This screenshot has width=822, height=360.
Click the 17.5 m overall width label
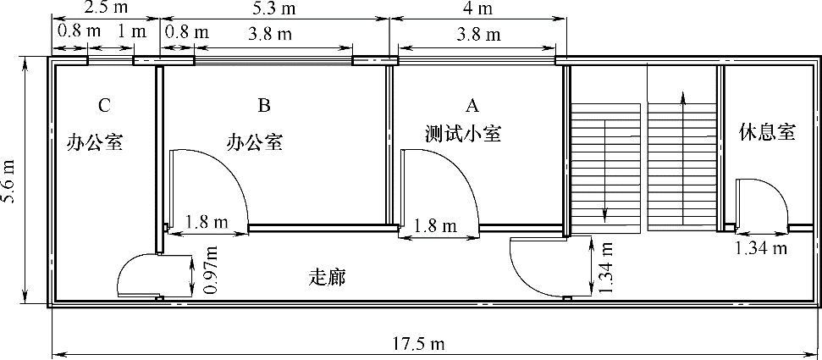(419, 344)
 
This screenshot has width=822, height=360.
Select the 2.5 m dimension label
(105, 7)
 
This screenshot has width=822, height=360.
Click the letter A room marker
(473, 106)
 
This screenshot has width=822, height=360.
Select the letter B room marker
(263, 106)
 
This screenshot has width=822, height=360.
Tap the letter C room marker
(104, 106)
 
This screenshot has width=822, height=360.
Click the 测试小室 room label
(463, 135)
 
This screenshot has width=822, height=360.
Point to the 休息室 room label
(768, 132)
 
